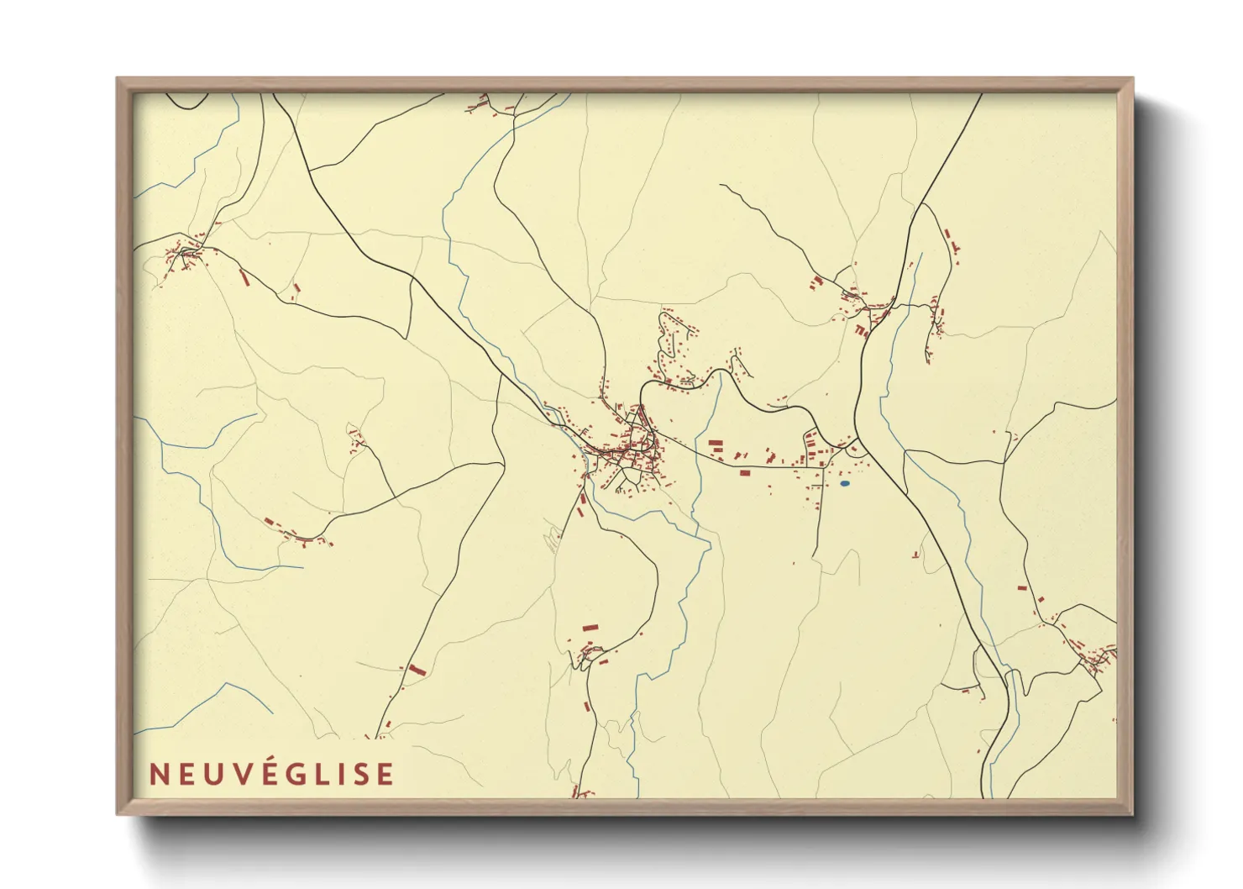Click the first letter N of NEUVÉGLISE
[x=157, y=774]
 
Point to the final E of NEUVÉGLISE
[x=385, y=774]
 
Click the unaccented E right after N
[x=181, y=774]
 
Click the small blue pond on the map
[x=844, y=484]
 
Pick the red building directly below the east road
[x=744, y=473]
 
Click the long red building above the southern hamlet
[x=590, y=627]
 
